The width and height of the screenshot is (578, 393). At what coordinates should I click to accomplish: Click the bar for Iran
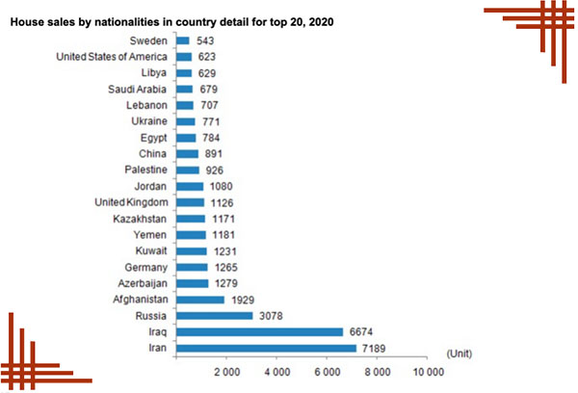267,348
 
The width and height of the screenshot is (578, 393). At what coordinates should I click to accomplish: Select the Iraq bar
260,331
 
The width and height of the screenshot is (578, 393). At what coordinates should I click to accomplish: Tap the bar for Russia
215,315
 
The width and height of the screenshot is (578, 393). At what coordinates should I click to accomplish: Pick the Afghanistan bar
200,300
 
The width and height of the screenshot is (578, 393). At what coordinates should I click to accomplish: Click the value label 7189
376,348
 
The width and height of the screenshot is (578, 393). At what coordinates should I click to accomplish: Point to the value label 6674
362,331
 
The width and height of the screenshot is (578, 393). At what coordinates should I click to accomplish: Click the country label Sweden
150,41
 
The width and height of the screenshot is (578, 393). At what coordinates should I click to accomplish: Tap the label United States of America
114,57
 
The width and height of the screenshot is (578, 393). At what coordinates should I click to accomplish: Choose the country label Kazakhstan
141,219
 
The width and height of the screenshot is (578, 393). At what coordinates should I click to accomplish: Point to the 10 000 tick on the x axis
428,371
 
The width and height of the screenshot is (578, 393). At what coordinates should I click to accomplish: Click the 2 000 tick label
226,371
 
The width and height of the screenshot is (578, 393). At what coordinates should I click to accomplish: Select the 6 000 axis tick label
327,371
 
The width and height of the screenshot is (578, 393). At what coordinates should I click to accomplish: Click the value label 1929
243,300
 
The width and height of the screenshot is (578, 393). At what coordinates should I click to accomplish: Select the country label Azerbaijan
143,283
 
